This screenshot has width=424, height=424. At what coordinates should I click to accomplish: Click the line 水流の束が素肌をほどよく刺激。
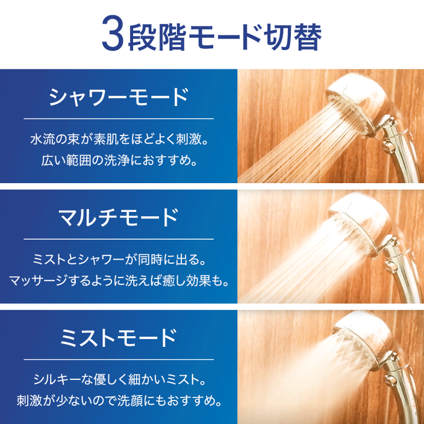(x=118, y=141)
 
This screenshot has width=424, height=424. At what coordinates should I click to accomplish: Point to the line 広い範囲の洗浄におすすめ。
(x=118, y=161)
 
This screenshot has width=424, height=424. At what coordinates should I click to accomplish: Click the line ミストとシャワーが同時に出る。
(x=118, y=260)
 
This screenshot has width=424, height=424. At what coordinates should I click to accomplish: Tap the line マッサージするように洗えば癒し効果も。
(x=118, y=281)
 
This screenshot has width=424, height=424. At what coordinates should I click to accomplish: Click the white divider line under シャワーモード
(x=118, y=118)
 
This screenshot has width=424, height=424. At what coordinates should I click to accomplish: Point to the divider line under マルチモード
(x=118, y=238)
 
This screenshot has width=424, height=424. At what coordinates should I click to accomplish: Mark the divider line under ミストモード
(x=118, y=359)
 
